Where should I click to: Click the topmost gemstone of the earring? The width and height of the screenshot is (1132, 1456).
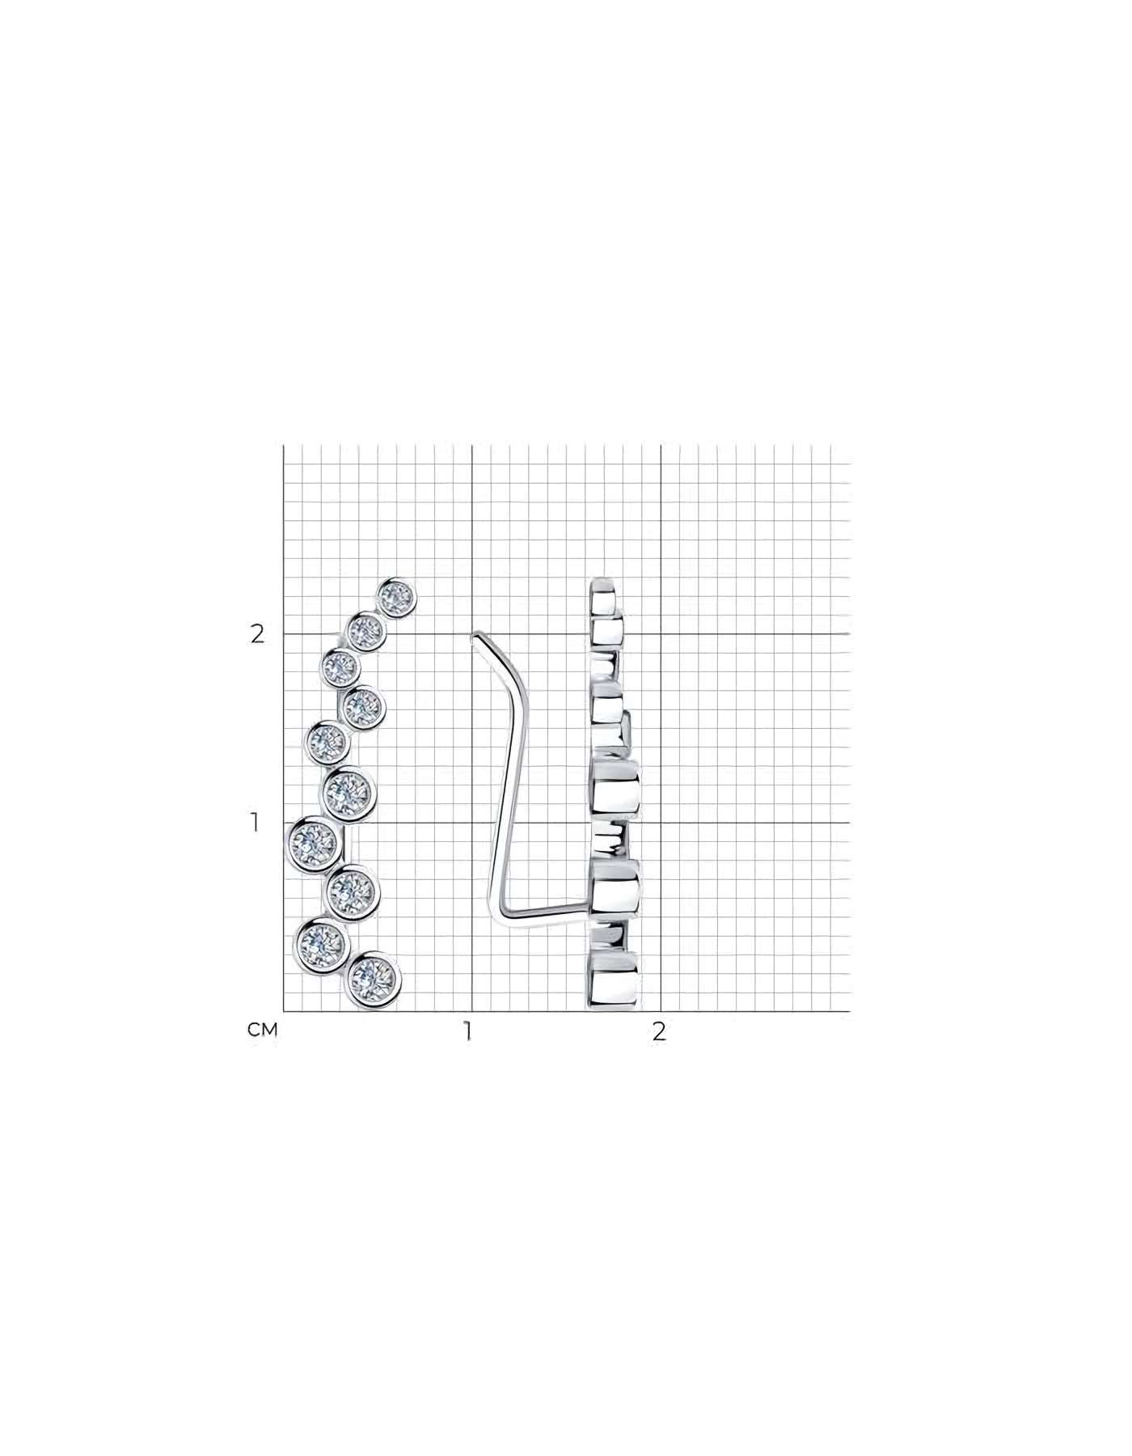pyautogui.click(x=396, y=599)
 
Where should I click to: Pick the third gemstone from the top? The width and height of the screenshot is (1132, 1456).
pyautogui.click(x=340, y=667)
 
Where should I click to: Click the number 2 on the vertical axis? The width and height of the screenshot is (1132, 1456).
pyautogui.click(x=257, y=634)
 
